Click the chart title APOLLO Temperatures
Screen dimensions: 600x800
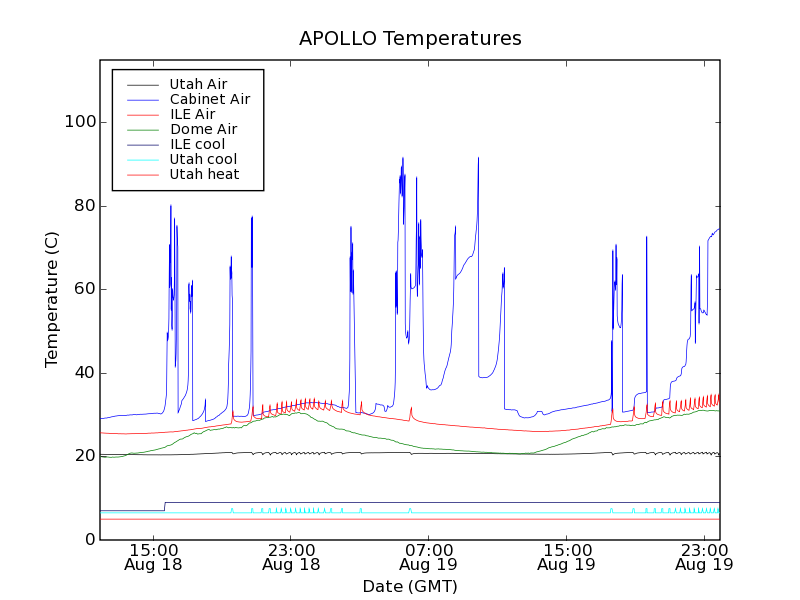coord(410,39)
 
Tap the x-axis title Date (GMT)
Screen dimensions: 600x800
coord(410,586)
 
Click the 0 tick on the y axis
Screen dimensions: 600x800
coord(90,540)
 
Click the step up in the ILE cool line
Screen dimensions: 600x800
coord(164,506)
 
